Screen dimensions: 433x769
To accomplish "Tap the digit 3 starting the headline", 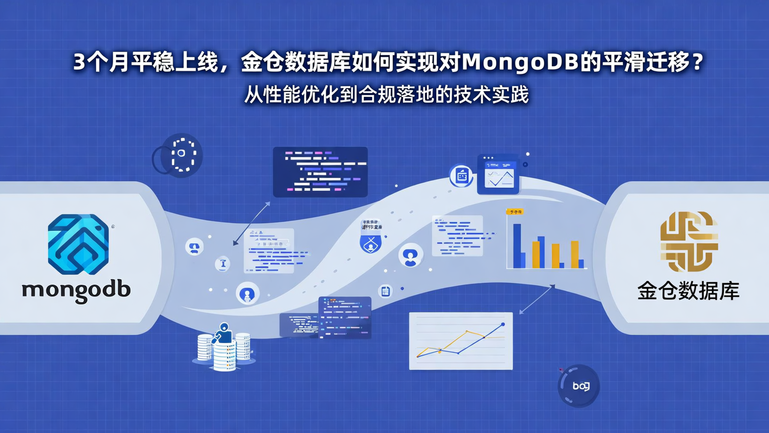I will (79, 63).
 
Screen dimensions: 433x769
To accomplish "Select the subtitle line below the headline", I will (387, 95).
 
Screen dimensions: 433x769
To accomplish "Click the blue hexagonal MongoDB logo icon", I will (79, 244).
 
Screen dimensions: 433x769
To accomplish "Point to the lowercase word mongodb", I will (76, 290).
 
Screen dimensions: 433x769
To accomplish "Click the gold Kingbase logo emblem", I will (689, 241).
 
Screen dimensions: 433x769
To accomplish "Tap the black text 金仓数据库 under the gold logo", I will (688, 291).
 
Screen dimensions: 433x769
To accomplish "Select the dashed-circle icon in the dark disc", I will (182, 154).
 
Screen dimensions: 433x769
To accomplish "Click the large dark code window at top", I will (320, 172).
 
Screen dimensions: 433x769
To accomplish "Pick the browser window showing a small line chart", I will (498, 173).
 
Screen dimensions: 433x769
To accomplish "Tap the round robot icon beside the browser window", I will (461, 175).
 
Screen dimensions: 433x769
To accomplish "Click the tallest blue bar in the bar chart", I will (516, 245).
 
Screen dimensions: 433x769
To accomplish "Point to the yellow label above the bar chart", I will (515, 212).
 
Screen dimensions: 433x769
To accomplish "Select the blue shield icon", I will (371, 243).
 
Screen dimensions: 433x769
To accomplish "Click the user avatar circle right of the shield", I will (410, 255).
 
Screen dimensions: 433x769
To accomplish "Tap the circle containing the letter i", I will (222, 264).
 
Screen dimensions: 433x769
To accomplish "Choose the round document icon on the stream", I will (385, 291).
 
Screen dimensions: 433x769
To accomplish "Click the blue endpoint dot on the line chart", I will (503, 324).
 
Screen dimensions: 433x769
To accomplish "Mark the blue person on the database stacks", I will (223, 334).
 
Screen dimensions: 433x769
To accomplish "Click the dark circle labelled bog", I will (579, 386).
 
